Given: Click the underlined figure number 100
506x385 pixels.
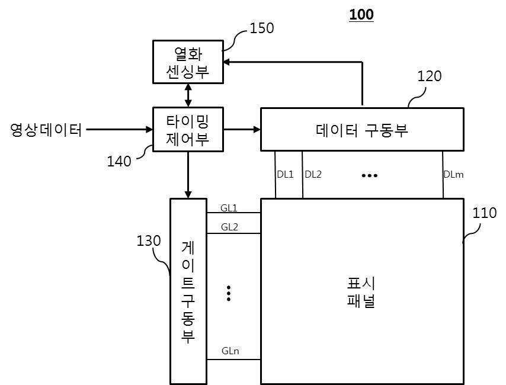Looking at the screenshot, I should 361,14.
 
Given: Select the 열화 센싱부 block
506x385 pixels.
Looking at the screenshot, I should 188,62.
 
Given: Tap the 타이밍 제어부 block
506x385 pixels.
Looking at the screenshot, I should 188,129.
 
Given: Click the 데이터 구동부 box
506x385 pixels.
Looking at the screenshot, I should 362,129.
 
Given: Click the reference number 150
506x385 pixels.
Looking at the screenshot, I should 261,28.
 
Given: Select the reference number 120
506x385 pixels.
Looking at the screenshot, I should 430,76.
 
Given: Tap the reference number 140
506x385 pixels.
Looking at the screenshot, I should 119,161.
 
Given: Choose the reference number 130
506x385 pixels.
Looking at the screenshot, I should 149,241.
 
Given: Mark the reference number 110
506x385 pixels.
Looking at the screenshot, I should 485,213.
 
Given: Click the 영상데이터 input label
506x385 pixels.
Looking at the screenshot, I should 46,129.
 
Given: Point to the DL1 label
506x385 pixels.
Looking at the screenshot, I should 286,174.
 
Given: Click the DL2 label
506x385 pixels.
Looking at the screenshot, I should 313,174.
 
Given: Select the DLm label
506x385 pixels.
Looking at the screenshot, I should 453,174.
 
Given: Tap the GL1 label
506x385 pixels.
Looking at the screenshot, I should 229,208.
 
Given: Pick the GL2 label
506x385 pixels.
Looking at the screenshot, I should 229,227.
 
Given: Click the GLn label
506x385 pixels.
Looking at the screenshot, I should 230,351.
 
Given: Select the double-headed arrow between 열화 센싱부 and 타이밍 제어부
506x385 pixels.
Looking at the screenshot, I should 188,95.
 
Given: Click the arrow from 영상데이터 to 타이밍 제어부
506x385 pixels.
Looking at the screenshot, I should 119,129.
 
